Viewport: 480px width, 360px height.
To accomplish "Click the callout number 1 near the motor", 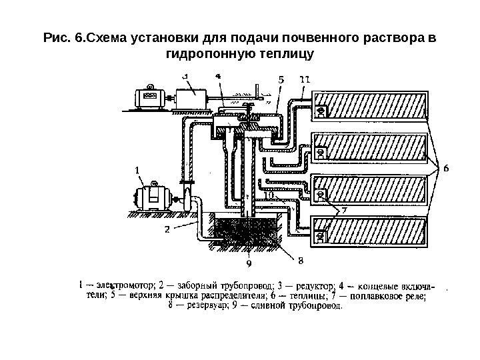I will (x=138, y=171).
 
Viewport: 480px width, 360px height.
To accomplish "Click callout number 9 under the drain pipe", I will (x=249, y=263).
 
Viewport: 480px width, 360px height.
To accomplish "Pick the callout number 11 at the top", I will (x=304, y=79).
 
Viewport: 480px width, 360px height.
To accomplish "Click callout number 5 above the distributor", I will (x=280, y=79).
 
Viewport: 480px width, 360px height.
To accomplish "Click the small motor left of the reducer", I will (x=150, y=97).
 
